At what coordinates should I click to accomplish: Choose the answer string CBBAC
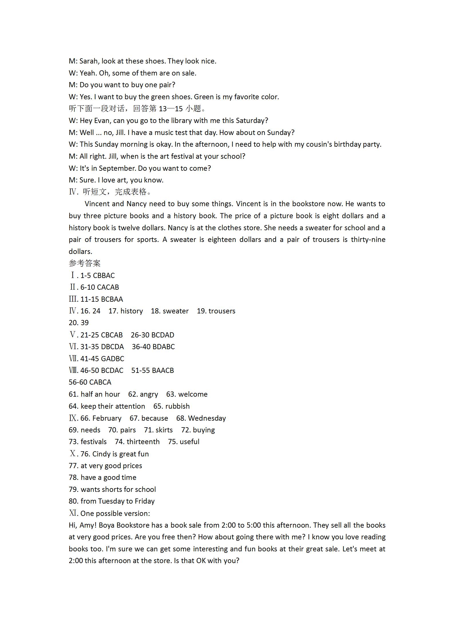[x=104, y=275]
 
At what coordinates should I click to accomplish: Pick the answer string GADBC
[x=113, y=359]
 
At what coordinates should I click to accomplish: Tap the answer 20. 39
[x=79, y=323]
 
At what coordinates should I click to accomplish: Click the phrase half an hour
[x=100, y=394]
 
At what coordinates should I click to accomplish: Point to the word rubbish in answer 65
[x=177, y=406]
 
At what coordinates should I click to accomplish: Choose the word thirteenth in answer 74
[x=143, y=442]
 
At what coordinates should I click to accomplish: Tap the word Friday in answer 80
[x=144, y=501]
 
